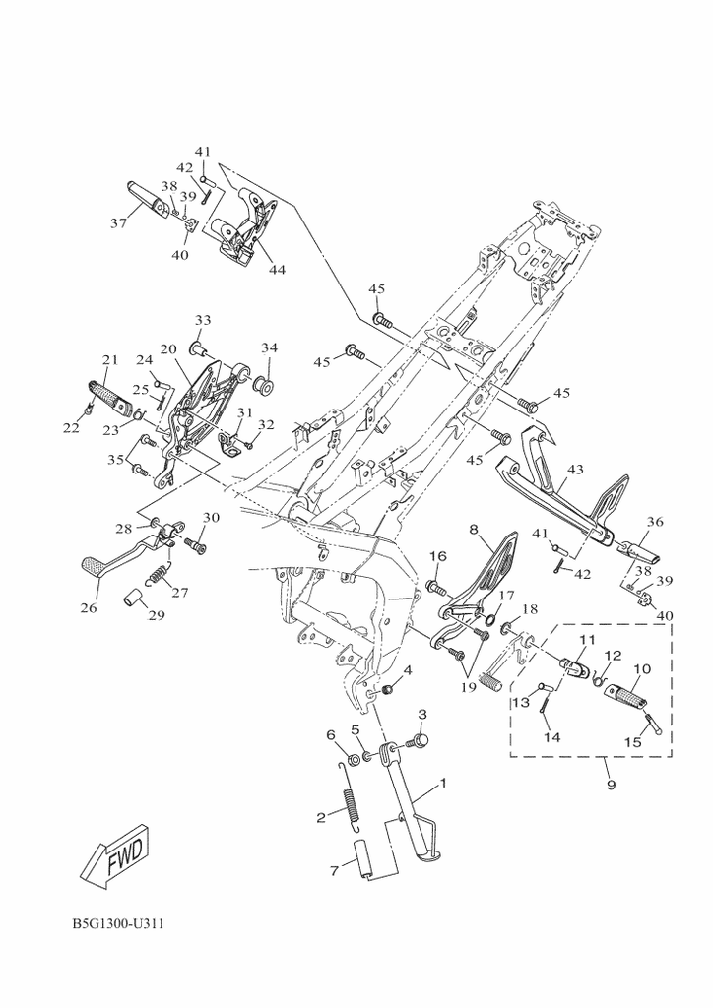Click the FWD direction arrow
(x=113, y=852)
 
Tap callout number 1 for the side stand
(x=443, y=784)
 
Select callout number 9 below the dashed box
(x=611, y=785)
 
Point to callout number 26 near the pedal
(x=89, y=607)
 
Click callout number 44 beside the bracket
(x=277, y=269)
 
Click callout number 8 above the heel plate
(x=474, y=531)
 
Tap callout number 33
(x=202, y=321)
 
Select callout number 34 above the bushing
(x=269, y=347)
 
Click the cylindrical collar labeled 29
(x=131, y=598)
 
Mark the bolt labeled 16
(x=434, y=588)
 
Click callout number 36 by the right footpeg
(x=655, y=523)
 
